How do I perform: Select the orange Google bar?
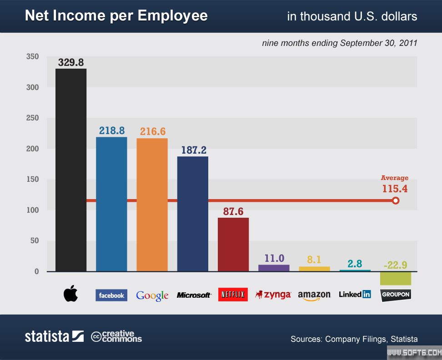152,205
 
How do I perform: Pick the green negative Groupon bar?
395,278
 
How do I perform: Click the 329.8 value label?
71,62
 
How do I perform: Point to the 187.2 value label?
193,150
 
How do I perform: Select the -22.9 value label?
395,265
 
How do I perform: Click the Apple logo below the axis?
70,294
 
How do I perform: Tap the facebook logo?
111,295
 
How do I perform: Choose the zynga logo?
273,295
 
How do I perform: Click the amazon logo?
314,295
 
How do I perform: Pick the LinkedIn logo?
355,294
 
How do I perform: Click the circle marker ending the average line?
396,200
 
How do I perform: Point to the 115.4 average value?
395,188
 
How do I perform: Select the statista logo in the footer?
54,336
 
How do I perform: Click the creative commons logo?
116,336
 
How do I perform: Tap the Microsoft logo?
194,295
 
